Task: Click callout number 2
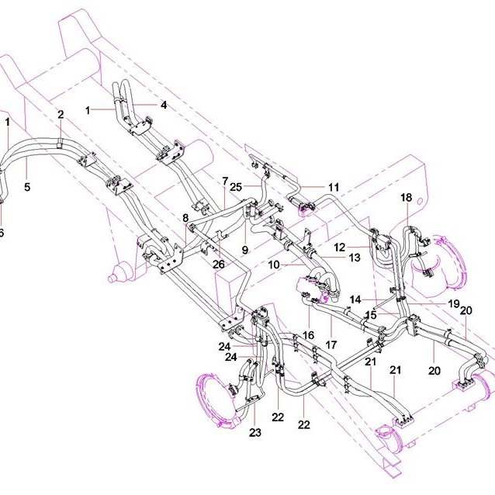coord(61,115)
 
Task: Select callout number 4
coord(164,105)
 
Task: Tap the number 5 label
coord(27,187)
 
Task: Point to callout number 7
coord(225,182)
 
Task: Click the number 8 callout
coord(185,218)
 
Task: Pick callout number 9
coord(245,250)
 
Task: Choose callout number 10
coord(274,265)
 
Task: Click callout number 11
coord(334,187)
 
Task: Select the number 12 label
coord(340,247)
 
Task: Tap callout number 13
coord(355,258)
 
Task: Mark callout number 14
coord(355,299)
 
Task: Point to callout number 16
coord(308,335)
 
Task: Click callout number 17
coord(331,344)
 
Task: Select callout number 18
coord(407,197)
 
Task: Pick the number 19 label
coord(454,303)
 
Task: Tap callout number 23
coord(255,432)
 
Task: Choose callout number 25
coord(236,187)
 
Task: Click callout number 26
coord(219,265)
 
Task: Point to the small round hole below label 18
coord(420,201)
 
